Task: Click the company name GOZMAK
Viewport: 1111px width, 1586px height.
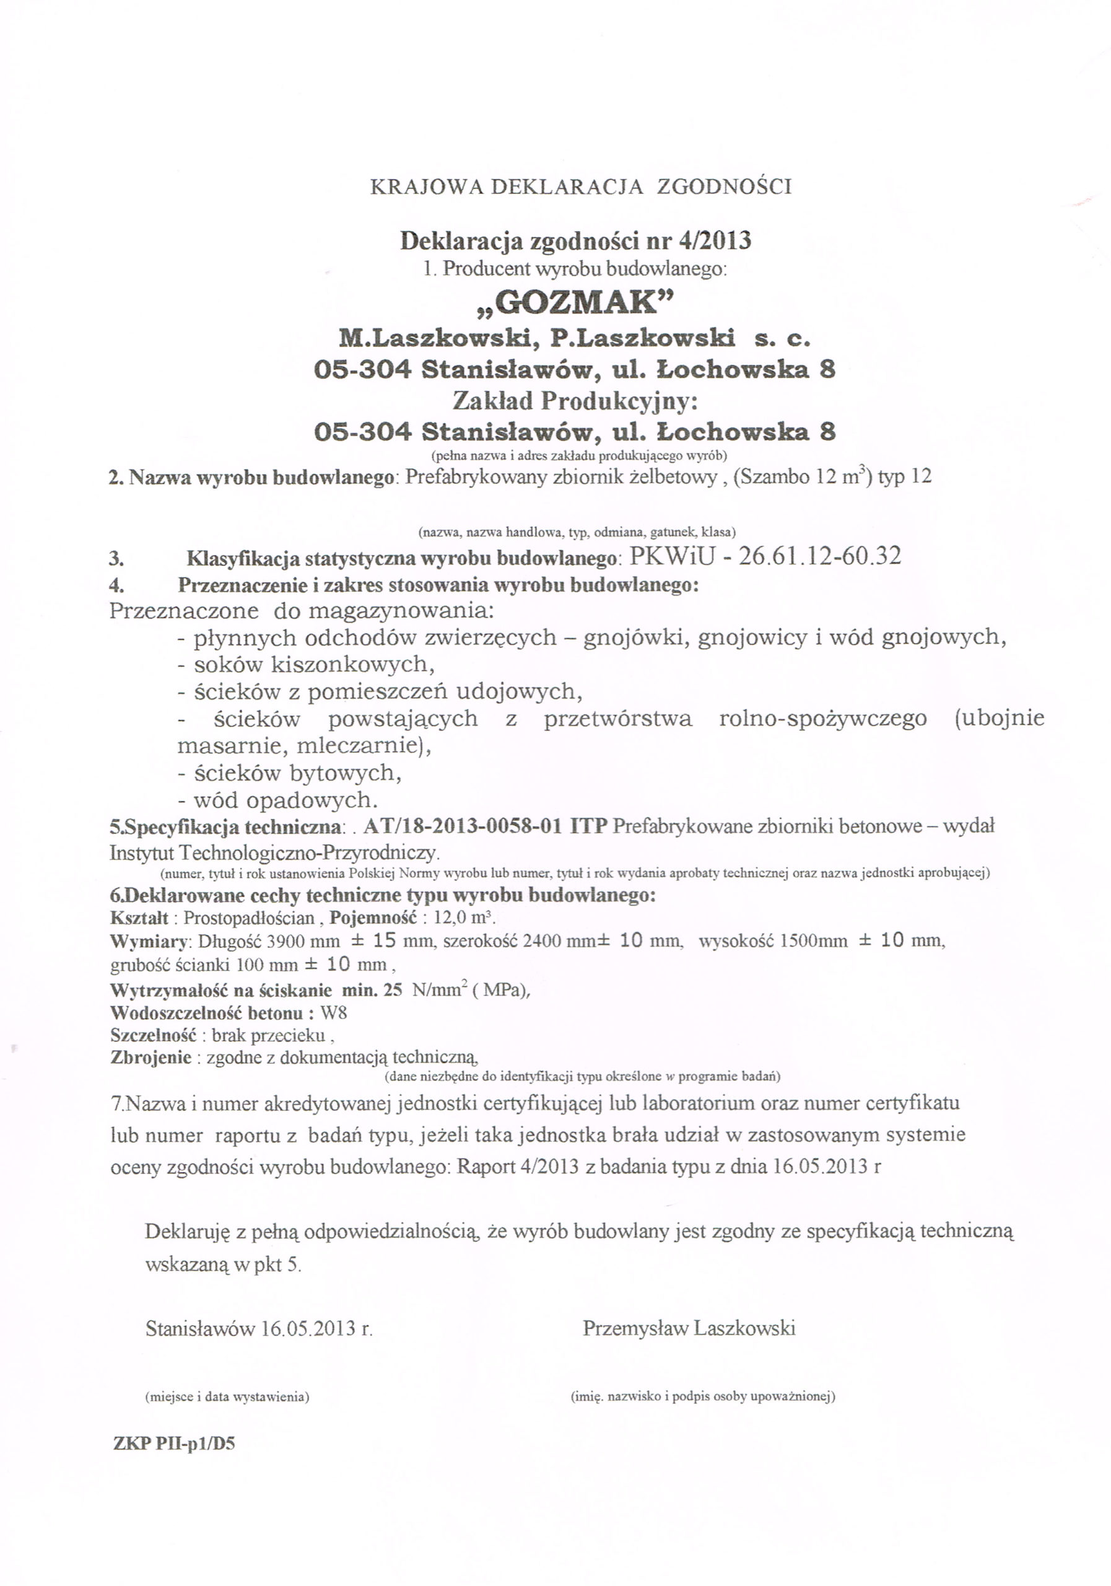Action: pyautogui.click(x=575, y=302)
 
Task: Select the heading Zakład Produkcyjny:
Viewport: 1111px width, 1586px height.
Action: pyautogui.click(x=575, y=401)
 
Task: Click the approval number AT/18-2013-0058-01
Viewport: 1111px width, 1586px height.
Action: pyautogui.click(x=461, y=826)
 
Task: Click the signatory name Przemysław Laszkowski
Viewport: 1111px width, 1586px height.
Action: pyautogui.click(x=689, y=1328)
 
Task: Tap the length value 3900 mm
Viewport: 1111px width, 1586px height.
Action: pyautogui.click(x=303, y=941)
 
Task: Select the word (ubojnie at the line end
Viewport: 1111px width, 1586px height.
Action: pyautogui.click(x=999, y=719)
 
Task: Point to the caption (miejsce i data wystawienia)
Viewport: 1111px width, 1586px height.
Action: pyautogui.click(x=227, y=1396)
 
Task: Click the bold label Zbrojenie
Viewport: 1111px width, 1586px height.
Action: pyautogui.click(x=150, y=1058)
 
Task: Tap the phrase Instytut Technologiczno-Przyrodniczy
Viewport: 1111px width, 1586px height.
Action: pyautogui.click(x=274, y=852)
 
